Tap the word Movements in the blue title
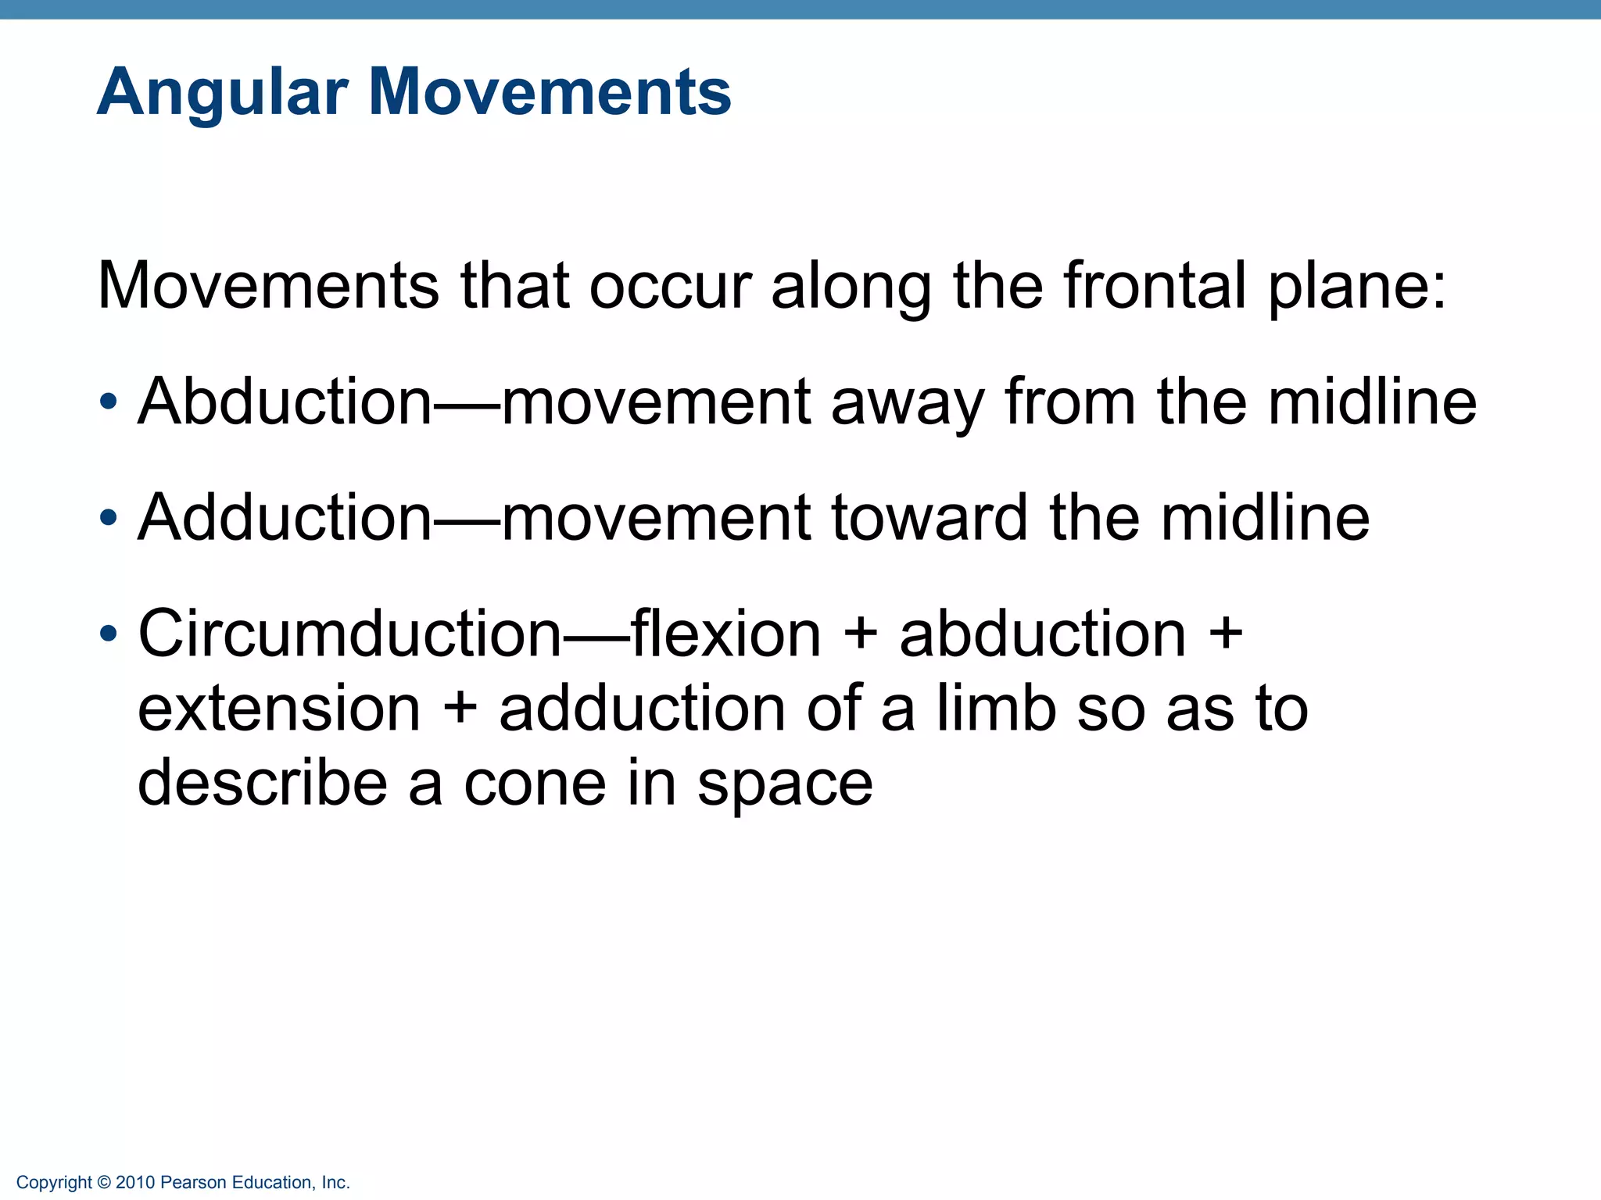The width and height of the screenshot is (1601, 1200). click(550, 92)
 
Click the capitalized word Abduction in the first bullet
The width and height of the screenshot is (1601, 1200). click(285, 402)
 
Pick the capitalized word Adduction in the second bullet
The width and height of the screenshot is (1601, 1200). click(285, 517)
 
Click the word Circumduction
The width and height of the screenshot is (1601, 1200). click(349, 633)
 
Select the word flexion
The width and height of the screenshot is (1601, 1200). click(725, 633)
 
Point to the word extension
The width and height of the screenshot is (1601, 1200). click(279, 709)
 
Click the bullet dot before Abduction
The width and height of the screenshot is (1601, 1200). click(109, 403)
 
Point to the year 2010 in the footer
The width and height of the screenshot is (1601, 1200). click(135, 1183)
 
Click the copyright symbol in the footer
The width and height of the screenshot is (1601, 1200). click(104, 1183)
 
